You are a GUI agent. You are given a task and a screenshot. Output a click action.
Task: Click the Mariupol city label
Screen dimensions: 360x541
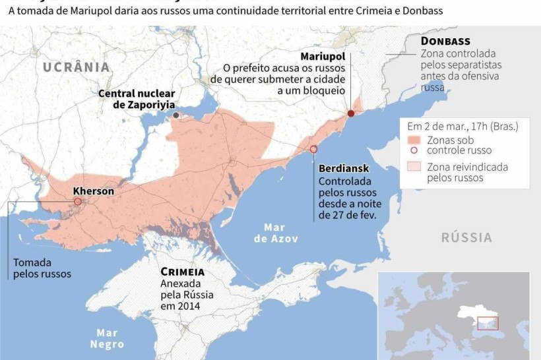pyautogui.click(x=322, y=56)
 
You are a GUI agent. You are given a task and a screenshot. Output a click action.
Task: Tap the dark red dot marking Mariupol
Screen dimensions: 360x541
pyautogui.click(x=351, y=113)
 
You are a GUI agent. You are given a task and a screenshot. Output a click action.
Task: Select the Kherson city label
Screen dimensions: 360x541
pyautogui.click(x=93, y=191)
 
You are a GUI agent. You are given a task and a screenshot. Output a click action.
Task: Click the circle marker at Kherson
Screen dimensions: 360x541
pyautogui.click(x=78, y=202)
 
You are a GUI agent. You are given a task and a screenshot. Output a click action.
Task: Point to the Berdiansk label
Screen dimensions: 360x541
pyautogui.click(x=342, y=168)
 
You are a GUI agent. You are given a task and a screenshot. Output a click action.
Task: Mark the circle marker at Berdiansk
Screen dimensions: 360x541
pyautogui.click(x=313, y=150)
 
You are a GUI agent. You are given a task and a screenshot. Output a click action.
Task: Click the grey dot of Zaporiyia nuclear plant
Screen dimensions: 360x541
pyautogui.click(x=176, y=115)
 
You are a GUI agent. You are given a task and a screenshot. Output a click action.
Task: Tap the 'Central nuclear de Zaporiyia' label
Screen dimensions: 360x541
pyautogui.click(x=136, y=99)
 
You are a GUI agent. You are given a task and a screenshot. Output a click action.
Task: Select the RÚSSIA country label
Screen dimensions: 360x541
pyautogui.click(x=466, y=237)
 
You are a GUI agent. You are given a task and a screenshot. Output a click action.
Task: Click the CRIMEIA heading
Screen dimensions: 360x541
pyautogui.click(x=182, y=272)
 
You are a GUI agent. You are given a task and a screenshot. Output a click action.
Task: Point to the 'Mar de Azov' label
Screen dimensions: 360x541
pyautogui.click(x=276, y=233)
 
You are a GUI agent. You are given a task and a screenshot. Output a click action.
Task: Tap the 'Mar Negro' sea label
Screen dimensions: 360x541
pyautogui.click(x=108, y=338)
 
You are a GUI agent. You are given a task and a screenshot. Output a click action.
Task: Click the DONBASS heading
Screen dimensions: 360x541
pyautogui.click(x=445, y=42)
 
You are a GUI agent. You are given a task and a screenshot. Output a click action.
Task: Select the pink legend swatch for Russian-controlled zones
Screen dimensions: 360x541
pyautogui.click(x=414, y=140)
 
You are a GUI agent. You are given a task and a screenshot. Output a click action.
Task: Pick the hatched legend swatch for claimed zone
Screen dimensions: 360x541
pyautogui.click(x=414, y=167)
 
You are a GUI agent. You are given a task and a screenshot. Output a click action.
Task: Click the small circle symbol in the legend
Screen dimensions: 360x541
pyautogui.click(x=414, y=150)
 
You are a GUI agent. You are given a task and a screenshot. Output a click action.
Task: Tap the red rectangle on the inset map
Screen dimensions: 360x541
pyautogui.click(x=488, y=323)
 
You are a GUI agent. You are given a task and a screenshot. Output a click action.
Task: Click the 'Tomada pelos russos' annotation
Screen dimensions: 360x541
pyautogui.click(x=42, y=268)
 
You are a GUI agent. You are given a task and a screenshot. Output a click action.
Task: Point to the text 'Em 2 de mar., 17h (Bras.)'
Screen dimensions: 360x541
pyautogui.click(x=462, y=126)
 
